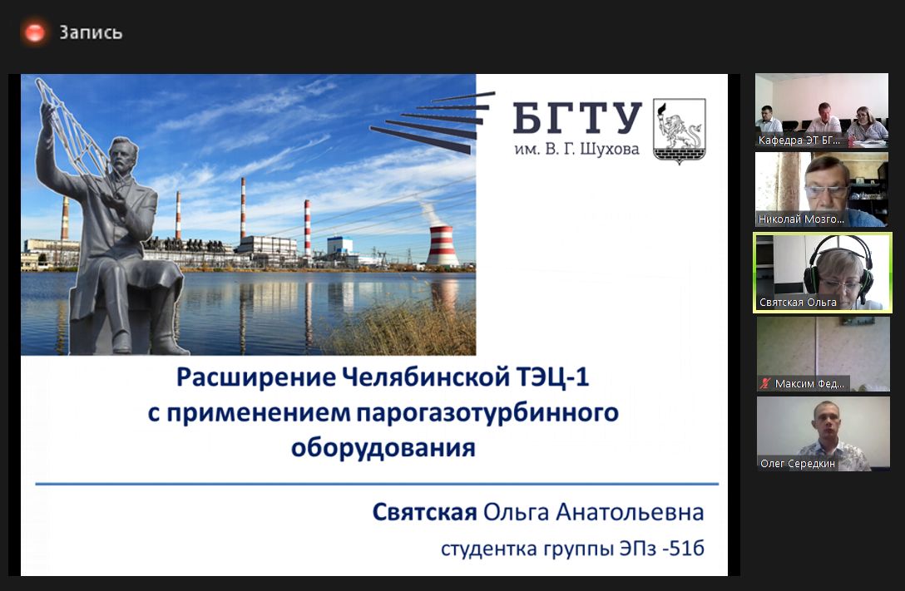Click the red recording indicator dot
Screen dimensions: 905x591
click(x=35, y=32)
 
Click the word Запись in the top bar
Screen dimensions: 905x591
click(x=91, y=32)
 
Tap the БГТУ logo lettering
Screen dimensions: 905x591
click(x=577, y=118)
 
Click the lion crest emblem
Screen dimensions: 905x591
click(x=680, y=131)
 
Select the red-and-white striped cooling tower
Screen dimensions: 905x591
click(x=443, y=245)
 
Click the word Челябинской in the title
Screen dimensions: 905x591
click(x=425, y=377)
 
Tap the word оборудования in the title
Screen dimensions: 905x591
click(x=383, y=448)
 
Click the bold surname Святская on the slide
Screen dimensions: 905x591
click(x=424, y=512)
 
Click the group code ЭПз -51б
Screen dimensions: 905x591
click(x=662, y=548)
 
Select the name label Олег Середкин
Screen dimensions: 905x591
click(x=798, y=464)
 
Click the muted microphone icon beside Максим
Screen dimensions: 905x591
click(x=765, y=383)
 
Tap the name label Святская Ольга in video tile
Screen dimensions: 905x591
click(x=798, y=302)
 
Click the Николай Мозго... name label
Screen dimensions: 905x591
click(x=801, y=219)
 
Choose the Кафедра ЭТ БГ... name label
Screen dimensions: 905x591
click(x=799, y=140)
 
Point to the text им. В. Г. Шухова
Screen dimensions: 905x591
click(x=576, y=150)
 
